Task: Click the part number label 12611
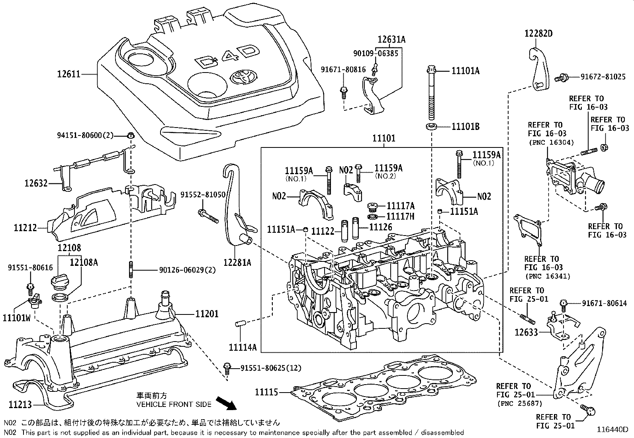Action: (68, 74)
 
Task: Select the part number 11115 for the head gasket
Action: (266, 392)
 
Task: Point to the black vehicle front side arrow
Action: (225, 403)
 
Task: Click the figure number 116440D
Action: (612, 430)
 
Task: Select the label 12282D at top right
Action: (538, 34)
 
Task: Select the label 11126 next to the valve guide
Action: (381, 227)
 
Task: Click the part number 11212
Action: (25, 228)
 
